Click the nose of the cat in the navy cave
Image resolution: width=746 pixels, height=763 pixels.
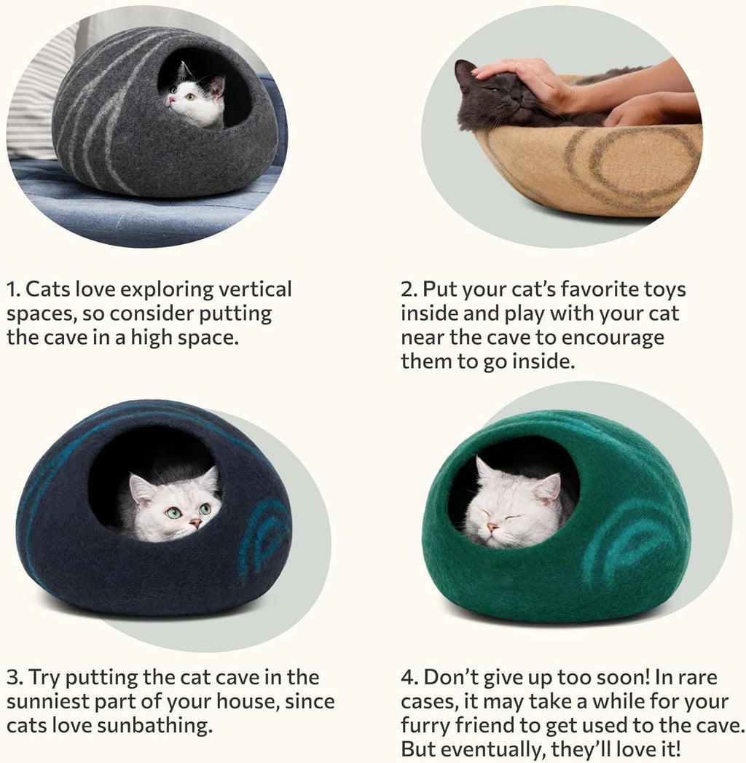tap(195, 523)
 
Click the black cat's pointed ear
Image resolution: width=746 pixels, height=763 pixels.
tap(463, 71)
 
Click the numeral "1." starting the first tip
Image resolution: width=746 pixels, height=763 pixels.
tap(13, 289)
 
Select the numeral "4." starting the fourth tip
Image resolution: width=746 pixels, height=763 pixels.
tap(409, 678)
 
